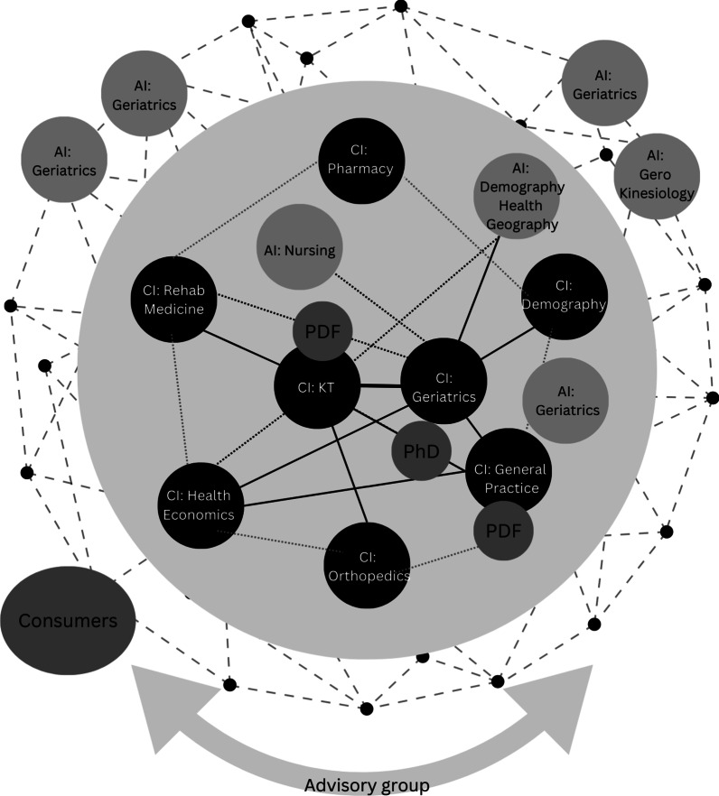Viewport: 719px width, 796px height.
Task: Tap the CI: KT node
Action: [317, 386]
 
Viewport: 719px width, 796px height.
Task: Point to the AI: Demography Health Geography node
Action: [518, 194]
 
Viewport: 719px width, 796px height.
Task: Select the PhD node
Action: [421, 449]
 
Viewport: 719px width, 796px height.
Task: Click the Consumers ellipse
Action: [69, 620]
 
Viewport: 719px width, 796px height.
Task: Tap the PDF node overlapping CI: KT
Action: [322, 330]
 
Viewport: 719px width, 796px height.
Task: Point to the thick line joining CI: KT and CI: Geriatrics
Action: [379, 387]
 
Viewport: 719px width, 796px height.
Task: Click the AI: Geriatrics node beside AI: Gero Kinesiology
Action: [604, 84]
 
